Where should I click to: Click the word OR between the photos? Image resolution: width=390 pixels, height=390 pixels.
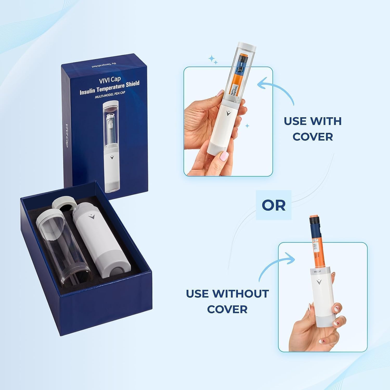pos(274,205)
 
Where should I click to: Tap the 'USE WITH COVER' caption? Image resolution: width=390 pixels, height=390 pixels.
pos(313,129)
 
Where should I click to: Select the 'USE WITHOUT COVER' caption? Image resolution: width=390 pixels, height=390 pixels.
pos(227,301)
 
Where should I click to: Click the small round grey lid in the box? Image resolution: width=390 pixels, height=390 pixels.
pos(64,205)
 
